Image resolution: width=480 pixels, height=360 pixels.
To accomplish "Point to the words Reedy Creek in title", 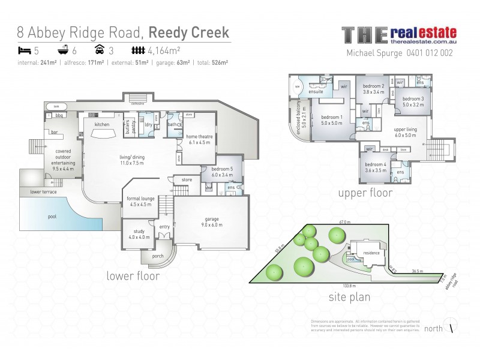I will click(189, 31).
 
